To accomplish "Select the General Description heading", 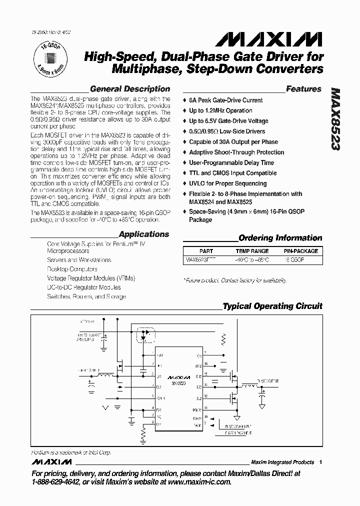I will click(126, 89).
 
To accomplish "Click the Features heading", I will click(303, 89).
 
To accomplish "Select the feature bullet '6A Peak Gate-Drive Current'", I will click(225, 100).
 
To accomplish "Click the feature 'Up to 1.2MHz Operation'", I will click(220, 110).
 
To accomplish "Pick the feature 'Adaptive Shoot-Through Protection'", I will click(236, 152).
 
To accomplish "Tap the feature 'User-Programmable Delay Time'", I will click(231, 163).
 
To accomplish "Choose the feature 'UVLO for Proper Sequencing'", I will click(228, 183).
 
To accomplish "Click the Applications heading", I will click(144, 234).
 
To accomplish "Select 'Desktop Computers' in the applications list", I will click(72, 269).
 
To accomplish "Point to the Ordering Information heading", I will click(280, 238).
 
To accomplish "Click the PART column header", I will click(206, 251).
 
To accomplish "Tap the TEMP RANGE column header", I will click(252, 251).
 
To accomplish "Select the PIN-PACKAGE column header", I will click(299, 251).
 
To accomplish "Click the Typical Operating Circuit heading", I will click(272, 306).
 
